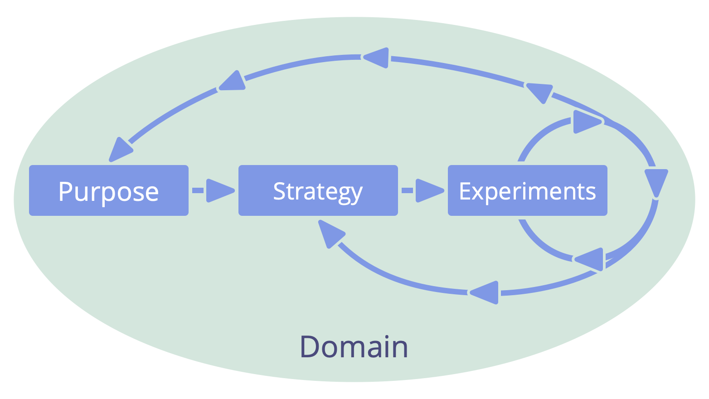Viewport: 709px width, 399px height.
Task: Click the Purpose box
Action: pos(109,190)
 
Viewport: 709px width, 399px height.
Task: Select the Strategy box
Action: pos(318,190)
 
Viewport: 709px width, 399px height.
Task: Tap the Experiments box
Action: pos(527,190)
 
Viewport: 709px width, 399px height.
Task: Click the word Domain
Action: pos(354,347)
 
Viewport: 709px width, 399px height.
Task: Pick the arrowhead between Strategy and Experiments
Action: pos(428,190)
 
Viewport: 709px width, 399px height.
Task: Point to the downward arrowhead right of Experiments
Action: pos(656,181)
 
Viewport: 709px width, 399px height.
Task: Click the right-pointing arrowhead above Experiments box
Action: pos(586,122)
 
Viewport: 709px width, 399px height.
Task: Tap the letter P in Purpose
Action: pos(66,191)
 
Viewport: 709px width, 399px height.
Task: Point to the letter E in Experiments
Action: pos(466,191)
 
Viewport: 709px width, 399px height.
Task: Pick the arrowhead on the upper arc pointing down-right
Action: pos(539,92)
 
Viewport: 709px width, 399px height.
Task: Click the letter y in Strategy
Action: pos(356,194)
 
